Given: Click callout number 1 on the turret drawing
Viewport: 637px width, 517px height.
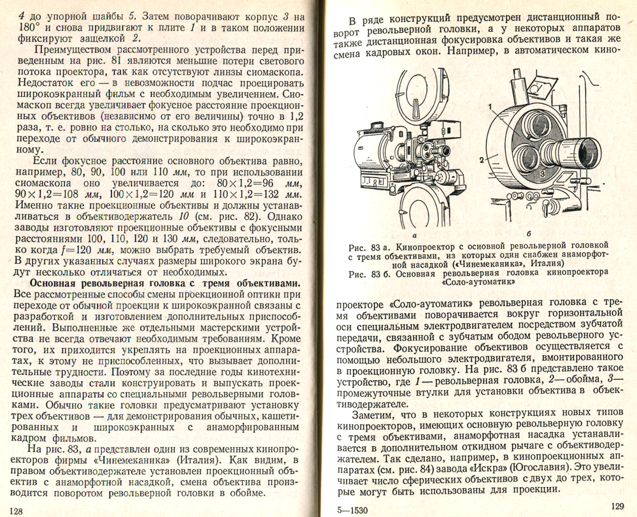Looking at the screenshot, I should click(491, 106).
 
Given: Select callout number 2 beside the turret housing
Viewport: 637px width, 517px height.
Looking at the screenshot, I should click(482, 158).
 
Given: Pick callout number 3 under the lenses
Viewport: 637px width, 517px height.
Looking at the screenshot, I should click(542, 173).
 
